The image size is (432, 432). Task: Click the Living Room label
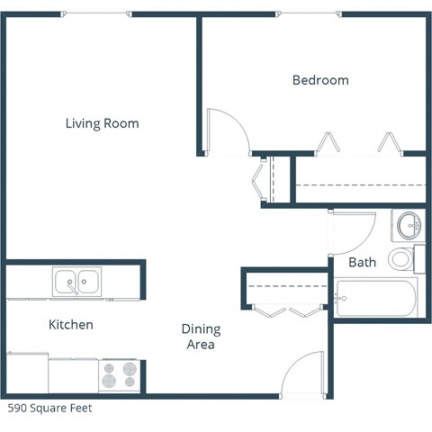click(x=102, y=123)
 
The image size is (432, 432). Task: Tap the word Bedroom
click(x=320, y=80)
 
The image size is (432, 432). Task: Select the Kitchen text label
click(x=70, y=324)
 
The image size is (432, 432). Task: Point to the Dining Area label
click(x=202, y=337)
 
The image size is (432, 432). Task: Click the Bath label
click(x=362, y=263)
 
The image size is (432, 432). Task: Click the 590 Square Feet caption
click(x=50, y=408)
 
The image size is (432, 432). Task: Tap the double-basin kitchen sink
click(x=77, y=282)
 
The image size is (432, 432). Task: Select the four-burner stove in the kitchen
click(x=120, y=373)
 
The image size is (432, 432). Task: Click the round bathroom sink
click(x=408, y=224)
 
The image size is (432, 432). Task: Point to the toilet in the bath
click(x=402, y=259)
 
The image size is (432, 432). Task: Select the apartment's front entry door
click(x=301, y=373)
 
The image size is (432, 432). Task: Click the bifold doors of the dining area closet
click(x=288, y=311)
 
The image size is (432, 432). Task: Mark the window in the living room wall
click(x=99, y=14)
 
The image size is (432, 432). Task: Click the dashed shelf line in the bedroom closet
click(x=360, y=184)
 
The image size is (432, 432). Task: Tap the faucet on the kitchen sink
click(x=77, y=287)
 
